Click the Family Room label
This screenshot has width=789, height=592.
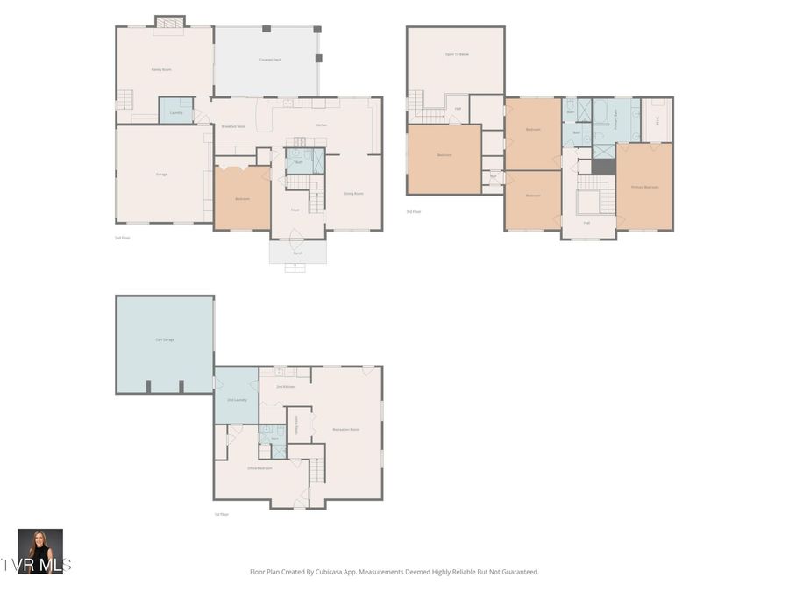160,68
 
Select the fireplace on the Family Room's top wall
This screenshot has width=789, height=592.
170,21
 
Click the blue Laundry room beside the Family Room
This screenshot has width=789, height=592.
176,111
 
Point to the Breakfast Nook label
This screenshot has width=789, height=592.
233,126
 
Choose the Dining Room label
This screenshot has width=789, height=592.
353,193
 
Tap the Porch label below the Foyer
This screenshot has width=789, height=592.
298,253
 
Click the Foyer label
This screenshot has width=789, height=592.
295,210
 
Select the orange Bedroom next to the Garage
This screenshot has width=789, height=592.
242,198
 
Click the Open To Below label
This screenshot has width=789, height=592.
457,54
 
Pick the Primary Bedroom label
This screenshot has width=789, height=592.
644,187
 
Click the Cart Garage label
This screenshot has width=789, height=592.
164,339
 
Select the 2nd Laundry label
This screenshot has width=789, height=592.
237,399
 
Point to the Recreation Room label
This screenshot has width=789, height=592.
345,429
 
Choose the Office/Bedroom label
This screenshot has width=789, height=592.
259,468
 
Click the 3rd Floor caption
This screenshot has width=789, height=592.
413,212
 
